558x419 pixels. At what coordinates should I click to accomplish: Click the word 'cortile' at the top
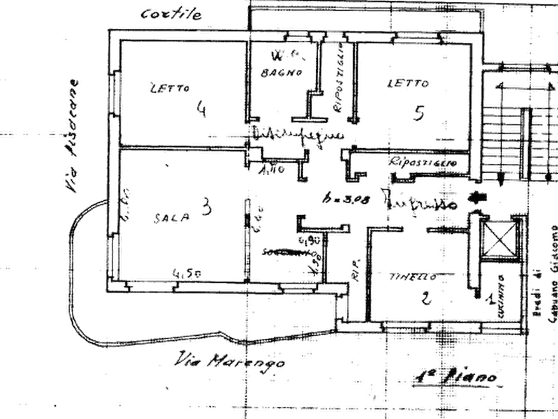[x=171, y=13]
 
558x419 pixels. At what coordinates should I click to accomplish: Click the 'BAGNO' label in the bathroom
[x=282, y=73]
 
